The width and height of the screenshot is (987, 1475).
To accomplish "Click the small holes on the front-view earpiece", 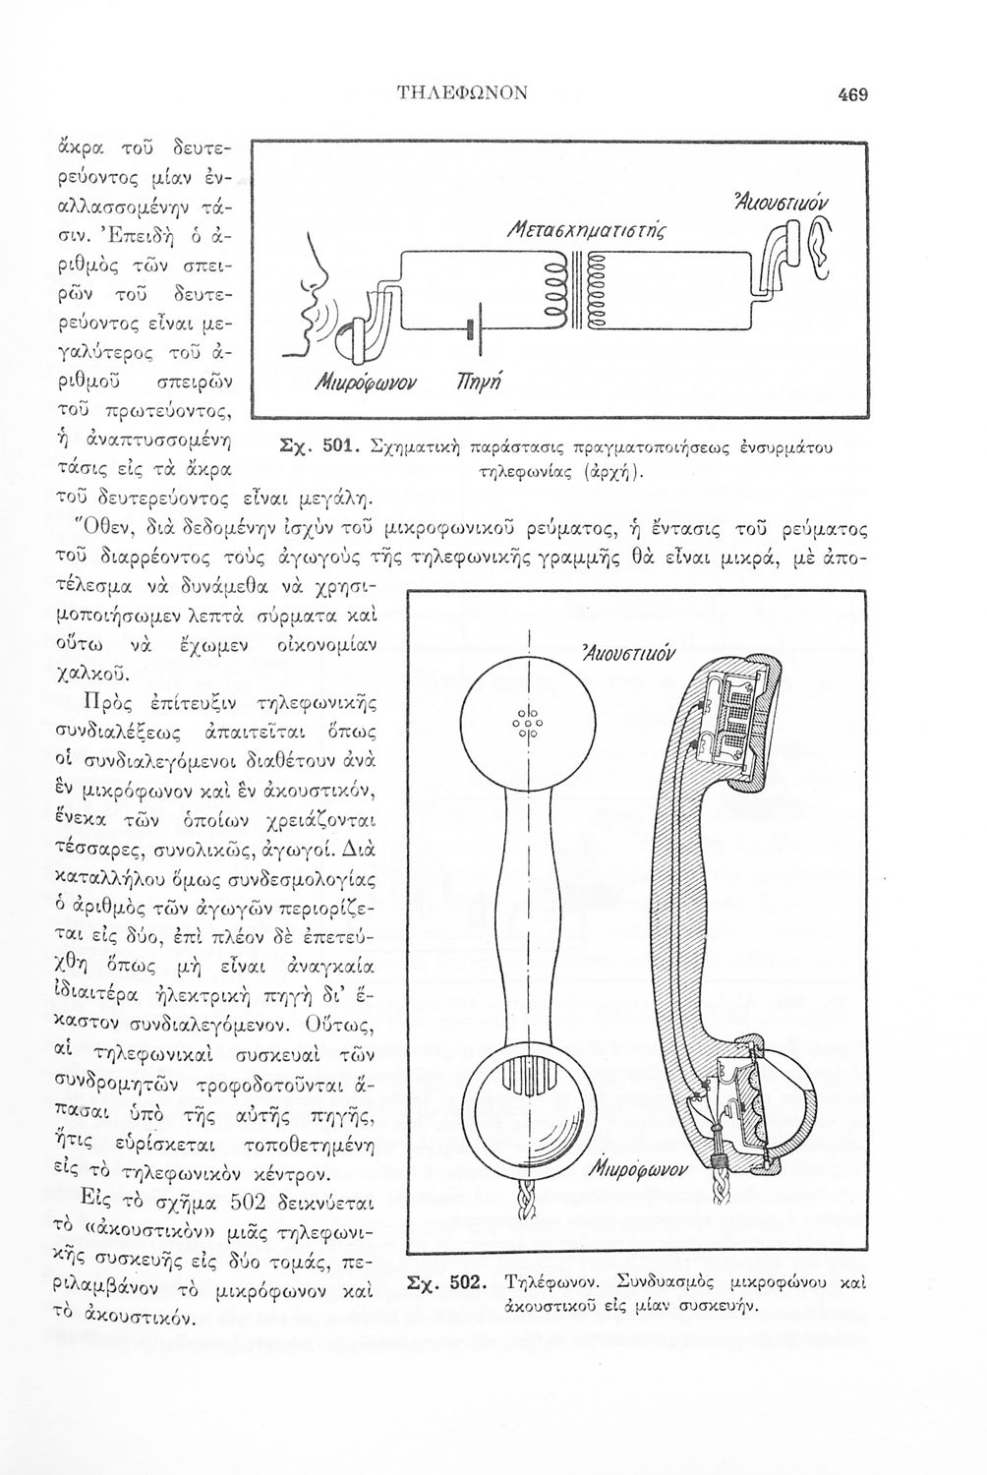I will coord(528,725).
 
